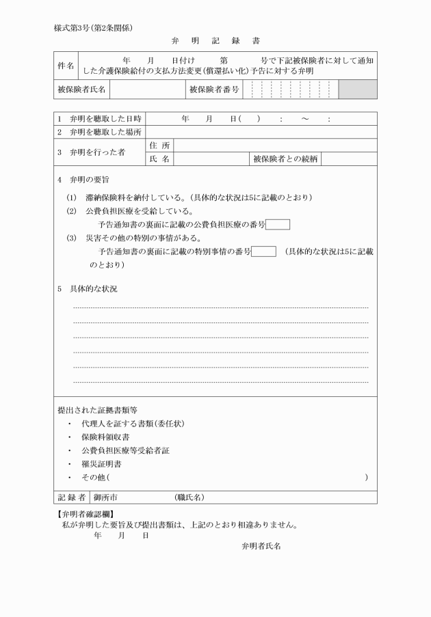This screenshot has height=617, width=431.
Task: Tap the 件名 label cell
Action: pos(65,65)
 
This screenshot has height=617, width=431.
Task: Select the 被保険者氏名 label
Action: pos(81,90)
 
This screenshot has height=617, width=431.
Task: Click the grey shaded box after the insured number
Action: pos(358,90)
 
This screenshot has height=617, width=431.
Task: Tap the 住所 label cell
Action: pos(160,146)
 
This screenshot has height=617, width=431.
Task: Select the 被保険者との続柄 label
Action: pos(285,159)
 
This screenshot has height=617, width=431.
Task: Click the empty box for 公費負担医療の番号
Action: pos(278,224)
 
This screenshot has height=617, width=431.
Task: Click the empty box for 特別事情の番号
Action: pos(264,251)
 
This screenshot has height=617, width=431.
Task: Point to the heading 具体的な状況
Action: pos(93,289)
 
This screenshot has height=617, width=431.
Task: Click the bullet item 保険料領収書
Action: pos(105,437)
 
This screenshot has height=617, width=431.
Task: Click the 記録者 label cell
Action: pos(71,497)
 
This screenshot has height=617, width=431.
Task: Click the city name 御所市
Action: pos(106,497)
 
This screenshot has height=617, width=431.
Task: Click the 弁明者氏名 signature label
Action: pos(261,546)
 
